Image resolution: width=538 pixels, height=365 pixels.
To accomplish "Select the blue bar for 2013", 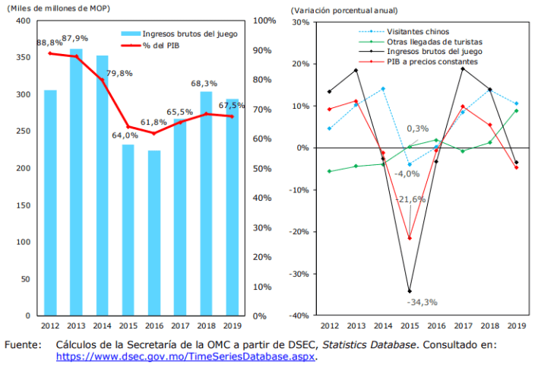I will pyautogui.click(x=76, y=182).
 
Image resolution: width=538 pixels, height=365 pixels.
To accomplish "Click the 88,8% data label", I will pyautogui.click(x=49, y=43).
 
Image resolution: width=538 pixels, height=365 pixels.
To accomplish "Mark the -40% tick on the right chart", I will pyautogui.click(x=299, y=316).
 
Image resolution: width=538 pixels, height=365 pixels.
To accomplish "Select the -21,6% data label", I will pyautogui.click(x=411, y=198).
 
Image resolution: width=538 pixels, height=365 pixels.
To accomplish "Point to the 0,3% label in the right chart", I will pyautogui.click(x=418, y=129).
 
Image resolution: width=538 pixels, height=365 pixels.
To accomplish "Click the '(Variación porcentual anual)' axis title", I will pyautogui.click(x=334, y=9).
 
